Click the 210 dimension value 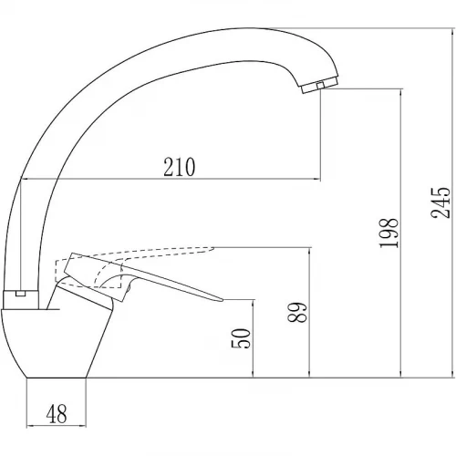coord(179,167)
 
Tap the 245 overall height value coord(440,202)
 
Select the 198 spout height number coord(389,233)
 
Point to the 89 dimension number coord(297,312)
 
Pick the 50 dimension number coord(241,338)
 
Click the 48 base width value coord(57,414)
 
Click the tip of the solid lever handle coord(223,300)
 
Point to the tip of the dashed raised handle coord(213,248)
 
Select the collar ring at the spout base coord(21,300)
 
